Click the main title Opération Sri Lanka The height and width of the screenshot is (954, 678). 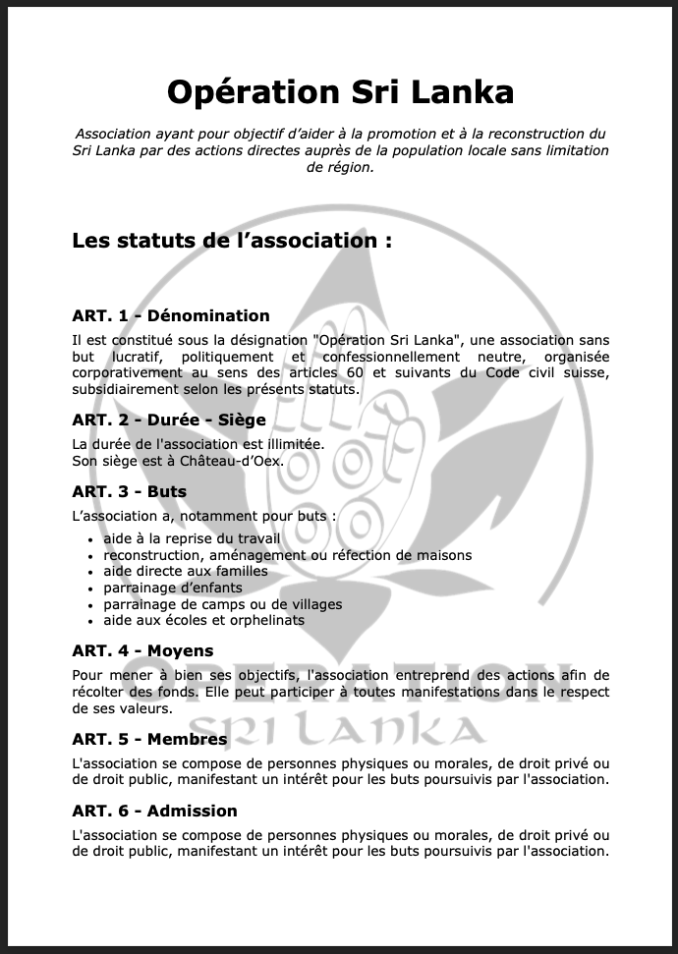[x=340, y=91]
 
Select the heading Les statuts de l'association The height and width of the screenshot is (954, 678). [x=232, y=241]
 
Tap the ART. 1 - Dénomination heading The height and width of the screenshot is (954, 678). [x=170, y=315]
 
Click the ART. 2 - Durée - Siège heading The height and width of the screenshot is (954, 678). [x=169, y=420]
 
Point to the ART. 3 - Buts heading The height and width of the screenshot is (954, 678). [x=129, y=491]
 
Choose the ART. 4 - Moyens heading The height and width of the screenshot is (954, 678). [x=142, y=650]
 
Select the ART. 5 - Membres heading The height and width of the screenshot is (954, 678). [x=149, y=739]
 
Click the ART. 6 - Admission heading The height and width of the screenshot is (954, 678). [x=154, y=811]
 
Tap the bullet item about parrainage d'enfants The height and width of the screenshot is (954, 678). [x=172, y=588]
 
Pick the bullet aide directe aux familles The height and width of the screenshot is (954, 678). [x=185, y=571]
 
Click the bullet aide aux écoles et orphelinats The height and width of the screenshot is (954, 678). [x=203, y=620]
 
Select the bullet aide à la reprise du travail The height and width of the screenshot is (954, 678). [x=192, y=538]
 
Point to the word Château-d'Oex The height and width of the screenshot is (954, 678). [x=233, y=460]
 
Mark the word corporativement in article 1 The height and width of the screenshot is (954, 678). [x=127, y=373]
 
